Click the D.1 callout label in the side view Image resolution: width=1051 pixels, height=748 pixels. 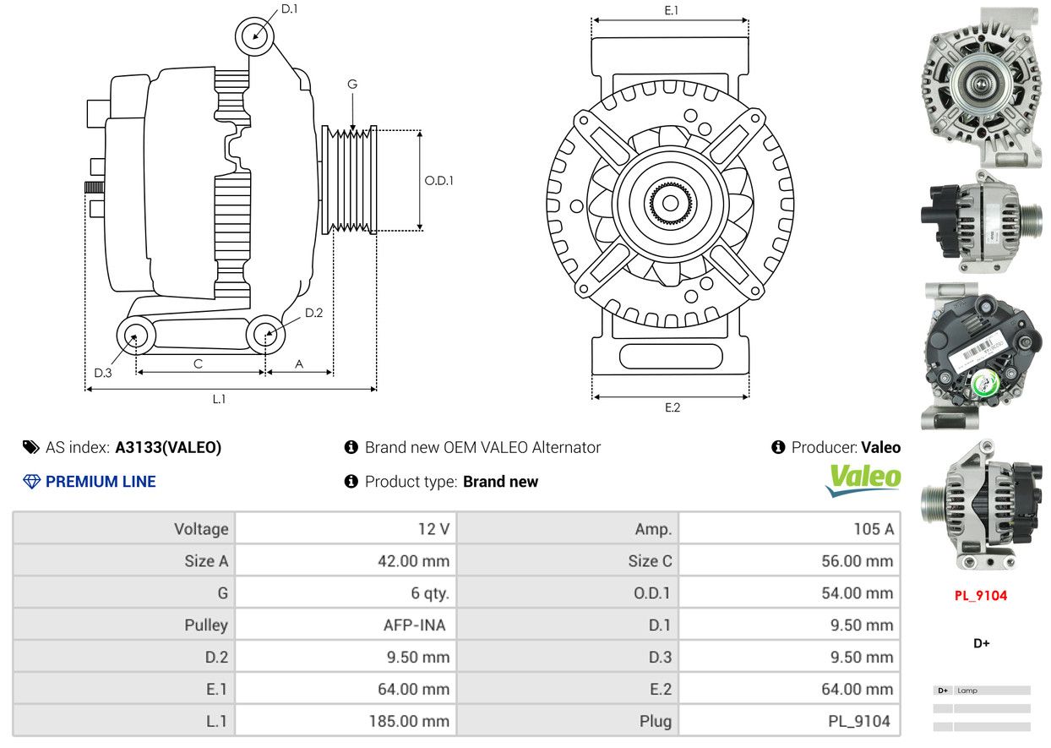coord(289,9)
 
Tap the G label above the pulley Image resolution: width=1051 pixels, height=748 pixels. coord(352,84)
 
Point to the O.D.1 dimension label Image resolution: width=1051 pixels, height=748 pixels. coord(438,181)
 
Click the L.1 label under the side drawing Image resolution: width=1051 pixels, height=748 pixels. coord(219,399)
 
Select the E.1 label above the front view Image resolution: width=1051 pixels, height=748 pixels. coord(672,10)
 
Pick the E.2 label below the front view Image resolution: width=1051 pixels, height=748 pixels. coord(673,407)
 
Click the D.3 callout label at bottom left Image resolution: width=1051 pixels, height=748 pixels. coord(103,373)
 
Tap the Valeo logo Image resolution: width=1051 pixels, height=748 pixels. coord(863,480)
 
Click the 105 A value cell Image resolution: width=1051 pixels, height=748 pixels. coord(874,529)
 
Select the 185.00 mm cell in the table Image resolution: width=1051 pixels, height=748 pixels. coord(409,721)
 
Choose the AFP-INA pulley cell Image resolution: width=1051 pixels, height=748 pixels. coord(414,625)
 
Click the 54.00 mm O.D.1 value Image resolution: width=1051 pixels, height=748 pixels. coord(858,593)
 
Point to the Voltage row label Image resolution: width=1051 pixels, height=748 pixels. coord(201,529)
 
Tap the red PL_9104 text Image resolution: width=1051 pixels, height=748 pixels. coord(981,596)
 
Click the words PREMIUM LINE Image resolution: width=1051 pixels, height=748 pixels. coord(101,482)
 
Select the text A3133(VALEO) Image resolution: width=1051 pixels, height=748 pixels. coord(168,447)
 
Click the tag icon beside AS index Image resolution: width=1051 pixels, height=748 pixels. coord(31,447)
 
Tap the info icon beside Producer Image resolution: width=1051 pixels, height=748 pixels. coord(778,447)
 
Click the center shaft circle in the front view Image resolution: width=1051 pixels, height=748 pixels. coord(670,203)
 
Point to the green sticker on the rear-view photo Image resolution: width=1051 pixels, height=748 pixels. coord(984,385)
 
